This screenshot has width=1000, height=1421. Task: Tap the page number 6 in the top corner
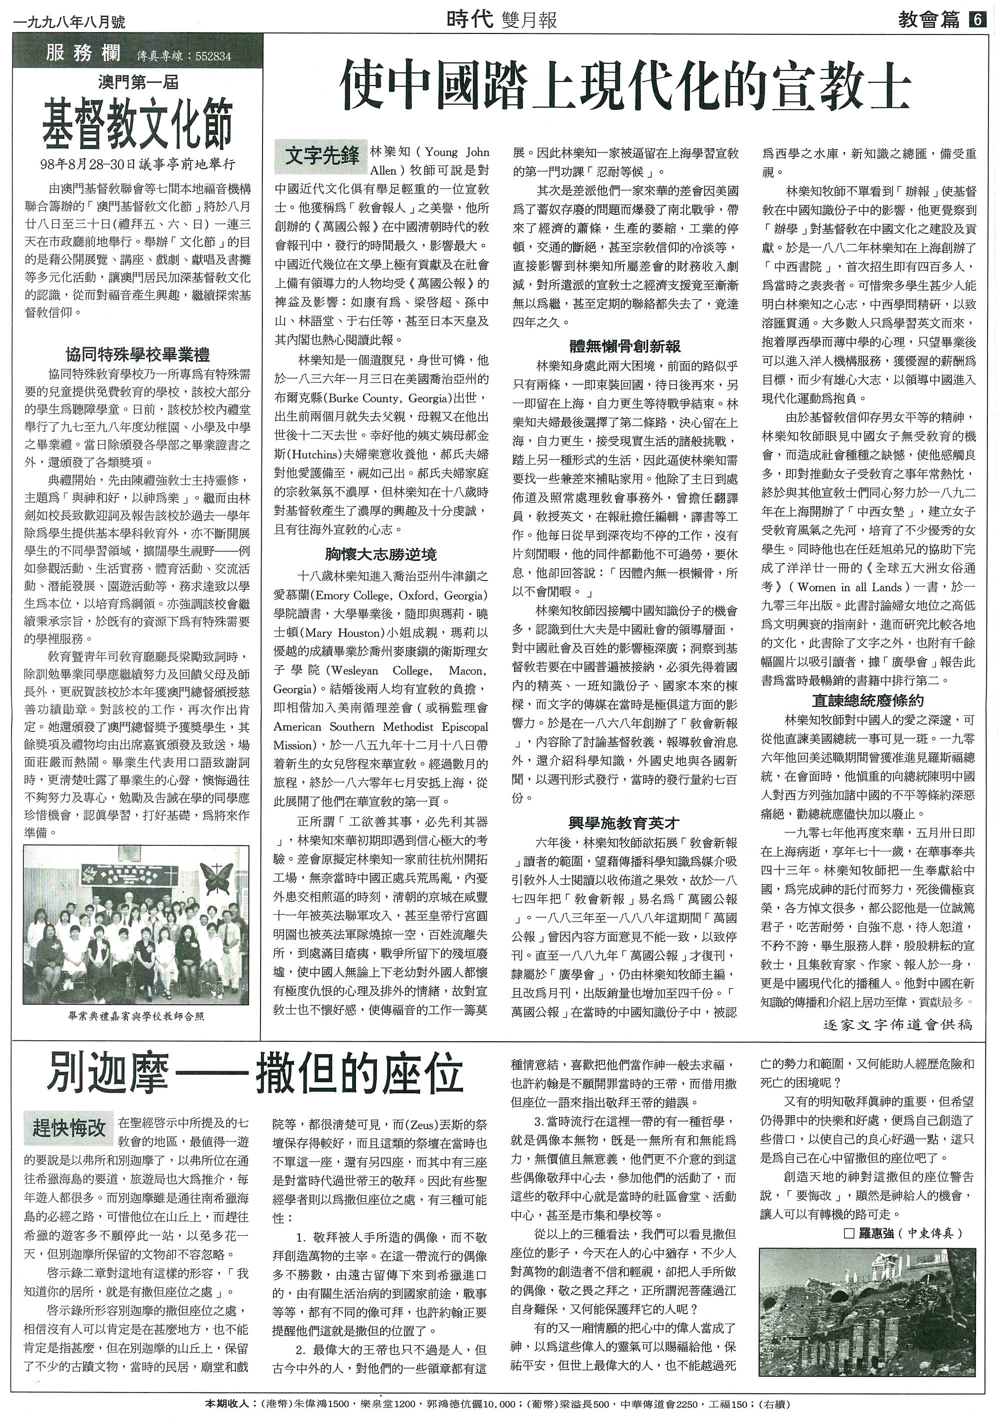coord(976,20)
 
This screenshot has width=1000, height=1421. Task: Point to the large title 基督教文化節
coord(137,125)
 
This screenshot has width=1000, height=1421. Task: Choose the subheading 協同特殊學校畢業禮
coord(137,355)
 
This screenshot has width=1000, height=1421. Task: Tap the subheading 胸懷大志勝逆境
coord(381,554)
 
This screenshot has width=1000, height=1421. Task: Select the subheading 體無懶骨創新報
coord(625,347)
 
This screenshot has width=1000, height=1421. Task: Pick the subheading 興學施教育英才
coord(625,822)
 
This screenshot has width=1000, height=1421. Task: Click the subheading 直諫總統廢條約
coord(868,701)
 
